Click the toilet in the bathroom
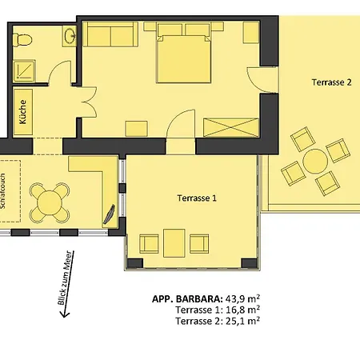[x=22, y=40]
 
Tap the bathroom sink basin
[x=70, y=36]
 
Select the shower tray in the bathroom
[x=24, y=71]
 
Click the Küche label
[x=23, y=112]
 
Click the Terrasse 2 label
[x=331, y=82]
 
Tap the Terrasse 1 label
[x=197, y=198]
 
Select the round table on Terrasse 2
[x=315, y=161]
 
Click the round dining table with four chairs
[x=50, y=202]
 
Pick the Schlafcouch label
[x=2, y=191]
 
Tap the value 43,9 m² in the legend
[x=242, y=298]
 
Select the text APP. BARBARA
[x=187, y=299]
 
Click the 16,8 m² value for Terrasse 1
[x=242, y=310]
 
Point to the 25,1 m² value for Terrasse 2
[x=242, y=321]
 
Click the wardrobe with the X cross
[x=231, y=128]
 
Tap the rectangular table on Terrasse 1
[x=174, y=243]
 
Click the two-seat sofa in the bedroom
[x=110, y=34]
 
